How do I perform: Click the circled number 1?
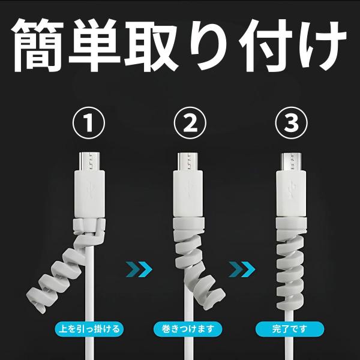[x=88, y=124]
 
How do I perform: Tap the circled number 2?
[x=190, y=124]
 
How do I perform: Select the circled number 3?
[x=292, y=124]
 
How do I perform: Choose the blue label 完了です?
[x=289, y=329]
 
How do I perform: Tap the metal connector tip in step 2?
[x=190, y=161]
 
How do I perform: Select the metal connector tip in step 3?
[x=292, y=161]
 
